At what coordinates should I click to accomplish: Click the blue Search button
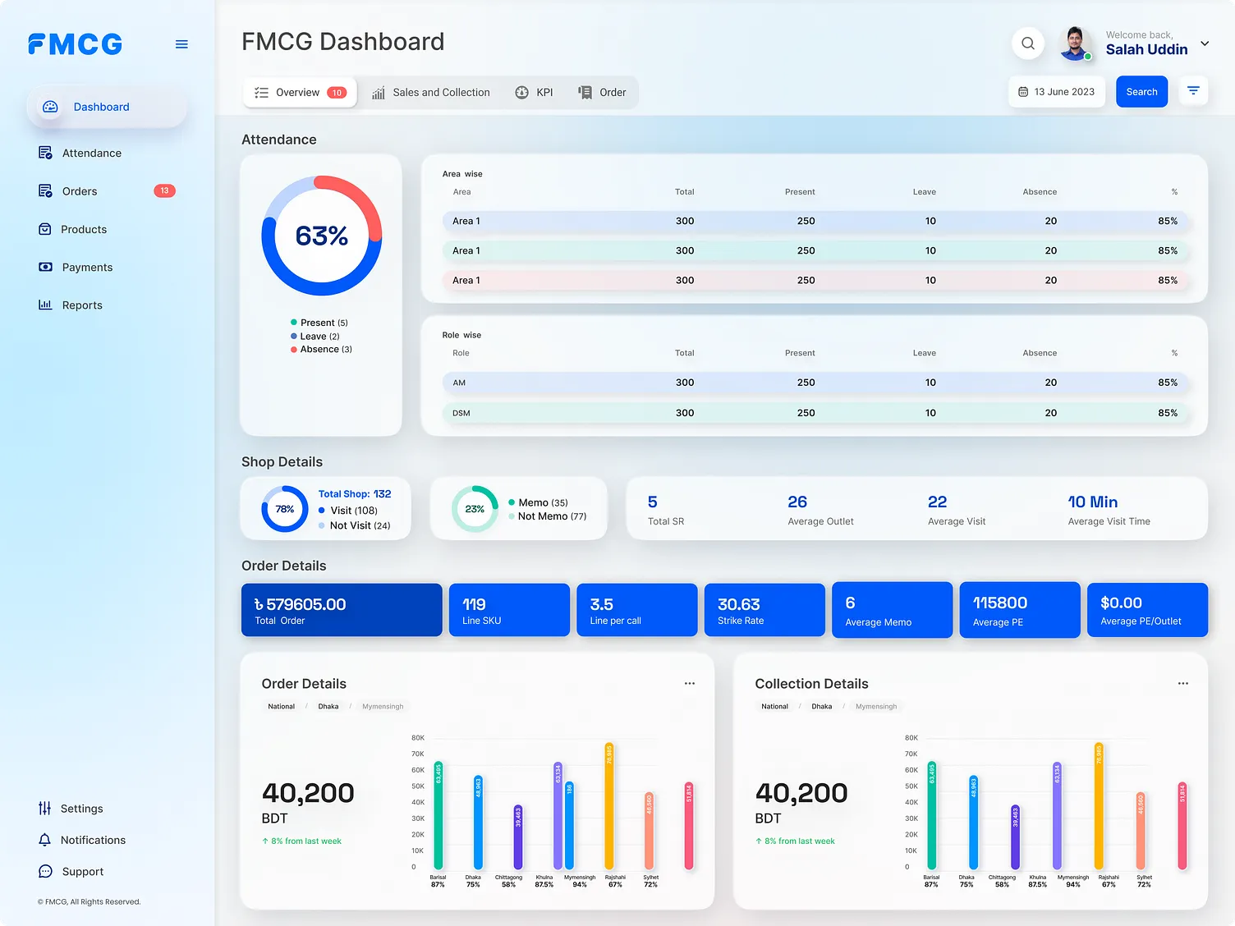point(1141,92)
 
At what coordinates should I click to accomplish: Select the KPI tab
point(535,93)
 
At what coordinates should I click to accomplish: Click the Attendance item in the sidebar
point(91,154)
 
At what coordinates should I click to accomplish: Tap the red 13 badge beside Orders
point(164,191)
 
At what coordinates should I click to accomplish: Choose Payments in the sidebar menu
point(87,268)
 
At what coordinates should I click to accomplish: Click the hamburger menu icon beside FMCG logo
point(181,44)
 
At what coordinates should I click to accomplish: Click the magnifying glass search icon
point(1027,44)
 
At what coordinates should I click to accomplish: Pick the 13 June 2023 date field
point(1056,92)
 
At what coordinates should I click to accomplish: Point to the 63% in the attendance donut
point(322,236)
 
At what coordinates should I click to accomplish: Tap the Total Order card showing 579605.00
point(341,610)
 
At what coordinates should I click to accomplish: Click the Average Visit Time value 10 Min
point(1092,502)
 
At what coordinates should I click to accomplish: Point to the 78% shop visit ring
point(284,509)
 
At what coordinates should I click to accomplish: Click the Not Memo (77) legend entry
point(551,516)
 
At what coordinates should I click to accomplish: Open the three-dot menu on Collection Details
point(1182,684)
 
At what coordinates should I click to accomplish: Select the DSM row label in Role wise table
point(461,413)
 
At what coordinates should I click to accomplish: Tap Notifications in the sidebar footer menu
point(93,841)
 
